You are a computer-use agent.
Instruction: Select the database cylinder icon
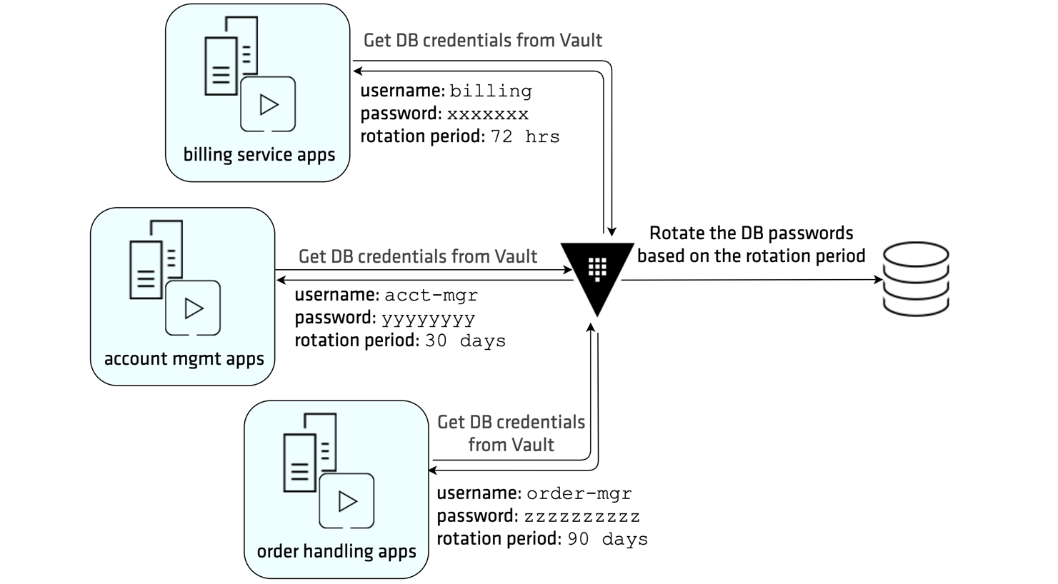(915, 279)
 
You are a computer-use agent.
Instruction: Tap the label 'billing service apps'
(259, 155)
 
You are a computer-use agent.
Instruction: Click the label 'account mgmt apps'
(184, 359)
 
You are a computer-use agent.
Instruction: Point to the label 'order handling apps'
(336, 552)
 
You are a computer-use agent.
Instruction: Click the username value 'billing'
(490, 91)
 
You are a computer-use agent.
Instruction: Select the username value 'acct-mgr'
(431, 296)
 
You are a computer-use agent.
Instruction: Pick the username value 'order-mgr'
(579, 494)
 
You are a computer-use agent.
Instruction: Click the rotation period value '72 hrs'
(525, 137)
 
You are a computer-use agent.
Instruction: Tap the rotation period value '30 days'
(465, 341)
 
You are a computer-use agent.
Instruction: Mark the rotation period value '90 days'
(607, 540)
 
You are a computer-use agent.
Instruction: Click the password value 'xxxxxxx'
(488, 114)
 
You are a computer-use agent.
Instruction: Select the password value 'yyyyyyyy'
(428, 318)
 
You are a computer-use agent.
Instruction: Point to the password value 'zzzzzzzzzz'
(582, 517)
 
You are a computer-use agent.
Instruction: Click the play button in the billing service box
(268, 105)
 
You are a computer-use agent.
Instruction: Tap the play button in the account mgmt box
(193, 308)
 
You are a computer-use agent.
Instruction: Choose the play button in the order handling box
(346, 501)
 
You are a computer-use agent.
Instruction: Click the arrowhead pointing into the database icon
(879, 280)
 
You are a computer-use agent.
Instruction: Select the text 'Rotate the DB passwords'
(751, 233)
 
